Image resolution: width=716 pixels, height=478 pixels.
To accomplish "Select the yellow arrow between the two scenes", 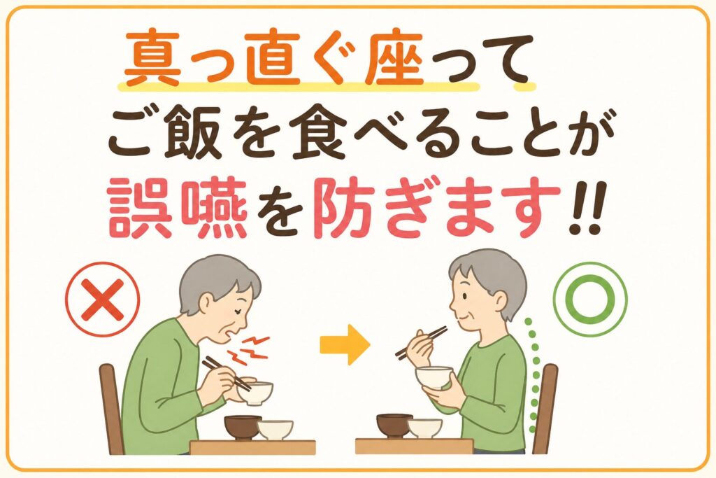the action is pyautogui.click(x=345, y=344).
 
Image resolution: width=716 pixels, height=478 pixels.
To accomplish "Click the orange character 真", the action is pyautogui.click(x=152, y=57).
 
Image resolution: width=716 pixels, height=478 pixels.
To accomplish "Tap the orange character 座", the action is pyautogui.click(x=394, y=57).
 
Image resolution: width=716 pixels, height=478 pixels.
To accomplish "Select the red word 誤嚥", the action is pyautogui.click(x=178, y=209).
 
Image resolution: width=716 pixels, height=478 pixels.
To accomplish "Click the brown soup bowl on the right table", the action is pyautogui.click(x=394, y=426).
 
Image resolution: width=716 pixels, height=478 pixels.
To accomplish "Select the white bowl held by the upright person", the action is pyautogui.click(x=434, y=377).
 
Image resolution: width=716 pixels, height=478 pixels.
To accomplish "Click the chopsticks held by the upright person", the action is pyautogui.click(x=421, y=342).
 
